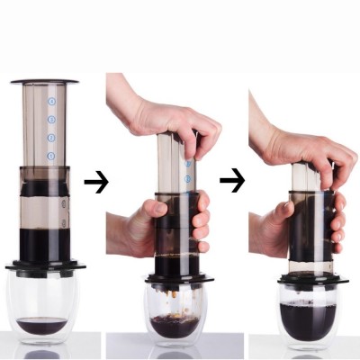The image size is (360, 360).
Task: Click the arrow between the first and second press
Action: pos(95,183)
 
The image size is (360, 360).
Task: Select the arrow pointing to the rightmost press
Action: pos(231,181)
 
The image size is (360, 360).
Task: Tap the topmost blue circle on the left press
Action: pos(51,102)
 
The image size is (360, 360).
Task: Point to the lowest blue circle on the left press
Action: pos(51,157)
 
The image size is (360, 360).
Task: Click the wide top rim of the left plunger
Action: pos(44,81)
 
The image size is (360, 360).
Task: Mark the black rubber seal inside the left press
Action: pos(45,188)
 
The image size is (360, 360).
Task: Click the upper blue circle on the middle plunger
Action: pos(188,164)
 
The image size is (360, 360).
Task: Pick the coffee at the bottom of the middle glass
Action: pos(174,326)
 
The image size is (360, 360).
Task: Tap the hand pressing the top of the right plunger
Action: pos(301,144)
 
